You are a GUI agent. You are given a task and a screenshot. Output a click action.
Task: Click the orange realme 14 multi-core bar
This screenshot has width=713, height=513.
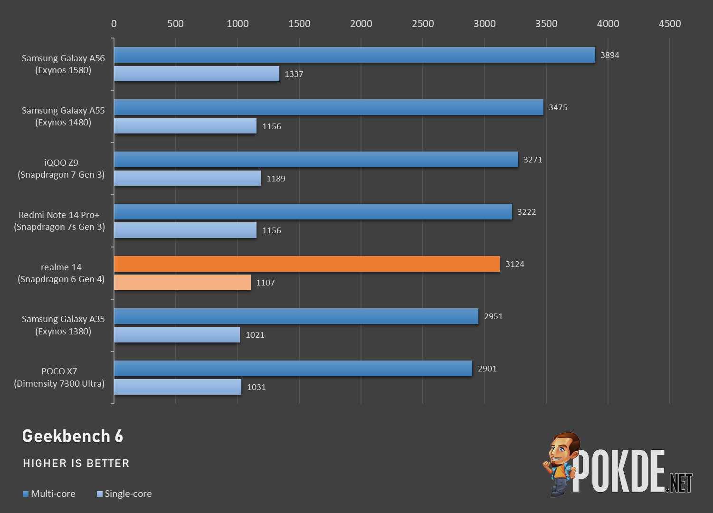point(306,264)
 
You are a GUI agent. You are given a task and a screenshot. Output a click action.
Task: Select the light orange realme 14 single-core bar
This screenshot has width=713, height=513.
point(182,283)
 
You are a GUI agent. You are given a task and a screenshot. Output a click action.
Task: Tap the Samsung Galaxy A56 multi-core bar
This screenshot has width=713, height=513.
point(354,55)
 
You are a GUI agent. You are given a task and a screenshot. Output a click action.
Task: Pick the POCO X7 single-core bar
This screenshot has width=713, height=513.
point(177,387)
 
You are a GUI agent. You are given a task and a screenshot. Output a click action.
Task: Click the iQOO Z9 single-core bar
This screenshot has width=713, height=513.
point(187,179)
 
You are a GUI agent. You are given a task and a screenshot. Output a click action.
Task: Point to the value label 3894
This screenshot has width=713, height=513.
point(609,55)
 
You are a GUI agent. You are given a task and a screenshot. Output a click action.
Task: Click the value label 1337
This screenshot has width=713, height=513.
point(294,74)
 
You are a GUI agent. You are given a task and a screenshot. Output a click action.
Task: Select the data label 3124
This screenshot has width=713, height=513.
point(514,264)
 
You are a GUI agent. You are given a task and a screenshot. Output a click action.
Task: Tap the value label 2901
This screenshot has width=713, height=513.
point(487,369)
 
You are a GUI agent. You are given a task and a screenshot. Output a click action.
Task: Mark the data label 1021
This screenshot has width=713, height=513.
point(255,335)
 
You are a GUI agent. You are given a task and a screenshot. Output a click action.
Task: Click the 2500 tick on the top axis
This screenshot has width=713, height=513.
point(423,24)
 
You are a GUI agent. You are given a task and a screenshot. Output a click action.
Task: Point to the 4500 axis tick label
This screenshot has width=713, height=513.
point(669,24)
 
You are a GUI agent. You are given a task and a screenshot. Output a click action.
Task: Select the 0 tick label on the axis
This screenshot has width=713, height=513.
point(114,24)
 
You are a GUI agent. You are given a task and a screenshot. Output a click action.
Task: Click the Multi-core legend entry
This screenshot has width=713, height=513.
point(49,494)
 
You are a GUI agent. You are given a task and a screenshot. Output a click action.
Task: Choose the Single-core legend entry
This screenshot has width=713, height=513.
point(124,494)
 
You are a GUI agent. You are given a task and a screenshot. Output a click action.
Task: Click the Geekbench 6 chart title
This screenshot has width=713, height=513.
point(73,436)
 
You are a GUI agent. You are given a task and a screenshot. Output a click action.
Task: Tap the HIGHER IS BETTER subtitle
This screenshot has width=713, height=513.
point(76,463)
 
